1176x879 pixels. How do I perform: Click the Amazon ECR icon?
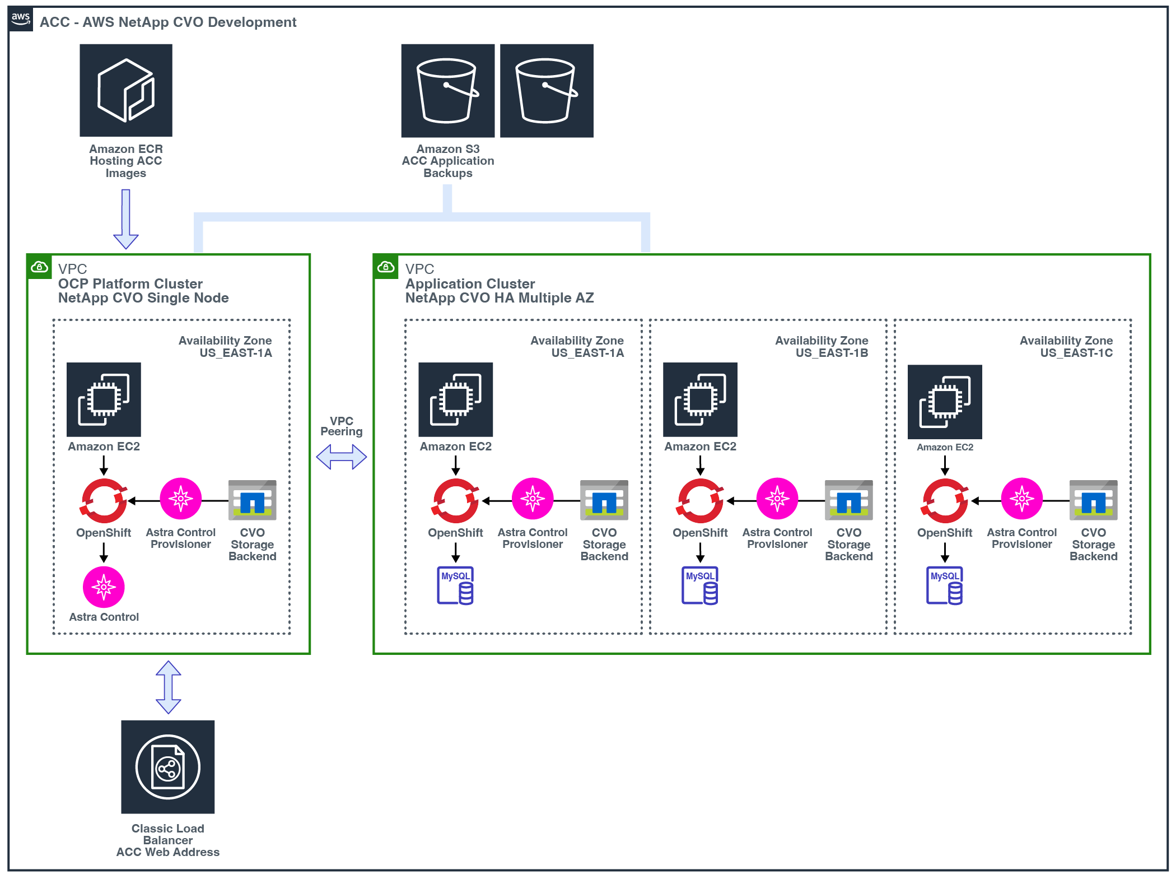(126, 90)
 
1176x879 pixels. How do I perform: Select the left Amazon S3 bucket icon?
(447, 91)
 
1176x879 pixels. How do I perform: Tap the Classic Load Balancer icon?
(168, 766)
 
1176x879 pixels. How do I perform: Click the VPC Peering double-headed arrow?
(341, 457)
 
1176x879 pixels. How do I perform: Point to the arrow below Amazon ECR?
(126, 219)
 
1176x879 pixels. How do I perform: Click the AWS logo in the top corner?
(21, 19)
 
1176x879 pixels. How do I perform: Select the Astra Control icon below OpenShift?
(104, 587)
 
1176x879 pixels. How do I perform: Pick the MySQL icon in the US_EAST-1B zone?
(700, 585)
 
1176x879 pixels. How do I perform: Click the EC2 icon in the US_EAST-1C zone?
(945, 402)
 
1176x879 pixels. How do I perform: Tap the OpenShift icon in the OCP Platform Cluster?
(104, 500)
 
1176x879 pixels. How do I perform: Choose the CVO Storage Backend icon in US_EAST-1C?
(1093, 500)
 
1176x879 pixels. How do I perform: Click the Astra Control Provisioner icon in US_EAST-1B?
(777, 499)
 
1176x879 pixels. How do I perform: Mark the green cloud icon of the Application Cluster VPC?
(386, 267)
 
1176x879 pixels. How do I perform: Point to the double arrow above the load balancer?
(168, 687)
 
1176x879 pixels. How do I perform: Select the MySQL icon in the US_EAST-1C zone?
(945, 585)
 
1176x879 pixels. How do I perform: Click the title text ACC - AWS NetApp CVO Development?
(168, 22)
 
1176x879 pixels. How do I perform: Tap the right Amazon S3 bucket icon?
(547, 91)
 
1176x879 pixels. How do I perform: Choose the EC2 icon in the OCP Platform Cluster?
(104, 399)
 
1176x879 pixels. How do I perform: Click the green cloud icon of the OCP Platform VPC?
(39, 267)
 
